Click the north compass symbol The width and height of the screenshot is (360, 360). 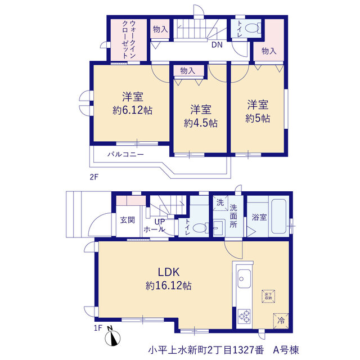(112, 338)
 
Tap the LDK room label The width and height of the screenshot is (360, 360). (169, 272)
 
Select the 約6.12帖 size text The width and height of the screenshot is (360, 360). (133, 110)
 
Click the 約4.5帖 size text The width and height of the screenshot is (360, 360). (201, 123)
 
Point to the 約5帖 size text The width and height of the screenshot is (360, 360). (258, 118)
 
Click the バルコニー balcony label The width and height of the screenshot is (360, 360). (125, 154)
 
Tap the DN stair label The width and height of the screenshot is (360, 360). (217, 45)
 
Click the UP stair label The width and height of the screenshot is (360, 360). (160, 222)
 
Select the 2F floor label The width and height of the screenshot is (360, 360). (94, 177)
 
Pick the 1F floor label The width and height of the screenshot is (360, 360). (98, 328)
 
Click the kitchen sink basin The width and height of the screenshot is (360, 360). (244, 278)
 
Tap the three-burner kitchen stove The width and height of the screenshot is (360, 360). (244, 316)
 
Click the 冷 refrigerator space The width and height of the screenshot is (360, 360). (281, 321)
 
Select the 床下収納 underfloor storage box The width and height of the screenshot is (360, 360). (268, 296)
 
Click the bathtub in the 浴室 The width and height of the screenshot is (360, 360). (279, 217)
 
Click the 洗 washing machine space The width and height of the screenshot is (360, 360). (220, 202)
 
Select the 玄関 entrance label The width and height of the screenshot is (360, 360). (128, 220)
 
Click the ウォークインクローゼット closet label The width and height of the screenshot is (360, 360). (129, 39)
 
